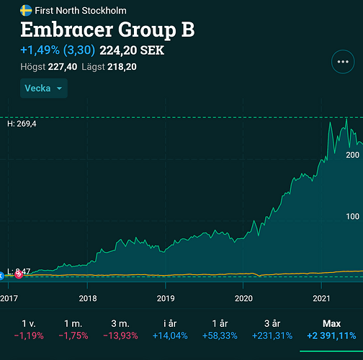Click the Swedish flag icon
26,11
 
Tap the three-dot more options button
343,62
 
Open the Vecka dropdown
44,88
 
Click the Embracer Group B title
107,30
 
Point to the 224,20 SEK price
132,50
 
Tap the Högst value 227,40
63,67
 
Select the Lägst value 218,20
122,67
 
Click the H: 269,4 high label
22,124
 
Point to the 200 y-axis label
353,155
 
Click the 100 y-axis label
353,217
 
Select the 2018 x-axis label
88,298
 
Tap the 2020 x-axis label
243,298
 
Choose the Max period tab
331,329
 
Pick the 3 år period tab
272,329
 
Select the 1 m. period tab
73,329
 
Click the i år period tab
170,329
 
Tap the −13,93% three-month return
120,336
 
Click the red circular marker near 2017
19,274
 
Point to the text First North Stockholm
81,11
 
